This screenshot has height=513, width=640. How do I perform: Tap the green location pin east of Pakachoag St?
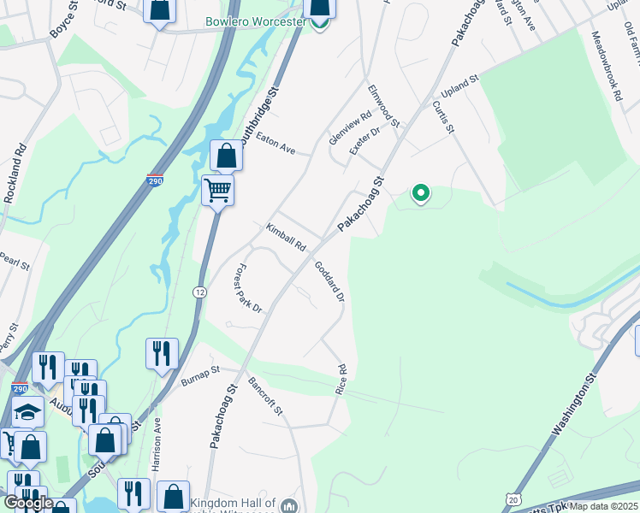[420, 194]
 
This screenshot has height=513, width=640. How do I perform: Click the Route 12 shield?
[199, 292]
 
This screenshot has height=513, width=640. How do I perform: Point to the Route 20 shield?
[513, 498]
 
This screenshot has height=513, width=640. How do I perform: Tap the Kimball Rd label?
[286, 238]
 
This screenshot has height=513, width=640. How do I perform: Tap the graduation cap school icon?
[27, 413]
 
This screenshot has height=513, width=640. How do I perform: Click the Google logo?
[27, 504]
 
